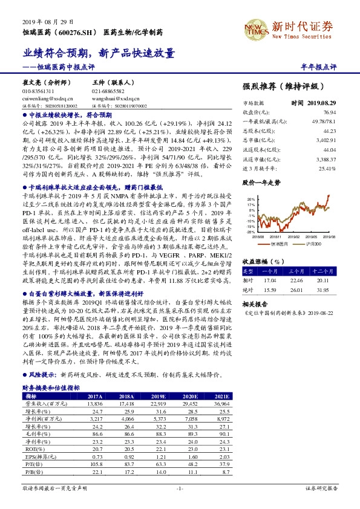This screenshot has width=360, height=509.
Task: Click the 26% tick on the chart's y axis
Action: pos(250,199)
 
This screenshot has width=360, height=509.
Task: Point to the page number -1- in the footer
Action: pos(179,487)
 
